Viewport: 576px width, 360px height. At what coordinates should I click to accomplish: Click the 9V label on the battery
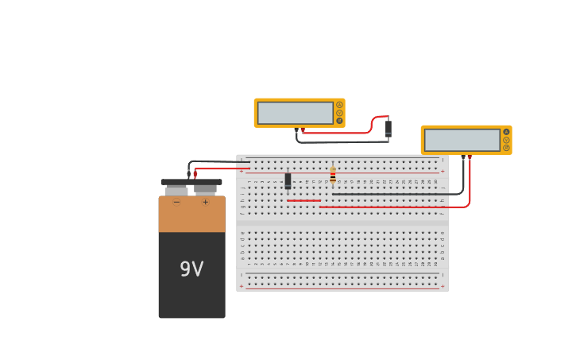tap(191, 269)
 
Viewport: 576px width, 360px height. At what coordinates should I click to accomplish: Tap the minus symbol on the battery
tap(176, 203)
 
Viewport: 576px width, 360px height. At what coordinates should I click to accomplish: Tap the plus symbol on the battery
tap(205, 203)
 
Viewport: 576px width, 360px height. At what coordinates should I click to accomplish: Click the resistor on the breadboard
tap(333, 175)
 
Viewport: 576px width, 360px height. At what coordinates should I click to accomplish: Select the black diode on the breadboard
tap(288, 181)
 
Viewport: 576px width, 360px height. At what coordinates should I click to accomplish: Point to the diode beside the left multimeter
tap(389, 128)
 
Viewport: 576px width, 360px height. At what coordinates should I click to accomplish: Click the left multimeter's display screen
tap(295, 113)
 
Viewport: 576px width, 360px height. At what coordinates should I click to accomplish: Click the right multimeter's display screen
tap(462, 140)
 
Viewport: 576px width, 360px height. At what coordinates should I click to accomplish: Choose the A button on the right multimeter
tap(506, 132)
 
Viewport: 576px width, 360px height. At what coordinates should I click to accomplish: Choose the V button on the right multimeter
tap(506, 140)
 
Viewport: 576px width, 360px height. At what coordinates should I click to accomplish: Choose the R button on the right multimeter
tap(506, 148)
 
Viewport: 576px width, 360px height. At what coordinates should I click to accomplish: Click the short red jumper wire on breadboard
tap(303, 200)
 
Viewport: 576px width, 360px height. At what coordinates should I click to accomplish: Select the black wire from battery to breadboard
tap(218, 162)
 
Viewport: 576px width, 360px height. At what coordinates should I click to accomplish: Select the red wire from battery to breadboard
tap(222, 168)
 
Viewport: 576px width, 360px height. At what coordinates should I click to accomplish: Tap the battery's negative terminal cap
tap(176, 191)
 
